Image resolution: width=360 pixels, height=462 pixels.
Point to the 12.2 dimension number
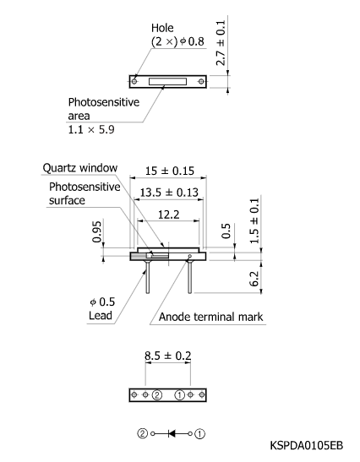point(167,215)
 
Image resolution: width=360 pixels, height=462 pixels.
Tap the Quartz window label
point(83,168)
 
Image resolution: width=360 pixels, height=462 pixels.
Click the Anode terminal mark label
point(210,318)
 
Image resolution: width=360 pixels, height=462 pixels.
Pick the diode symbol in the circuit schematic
point(172,433)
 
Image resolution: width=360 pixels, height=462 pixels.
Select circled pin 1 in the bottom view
point(179,394)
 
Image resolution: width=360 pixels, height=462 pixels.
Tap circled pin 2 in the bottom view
point(157,394)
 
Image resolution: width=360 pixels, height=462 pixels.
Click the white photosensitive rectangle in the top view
point(168,81)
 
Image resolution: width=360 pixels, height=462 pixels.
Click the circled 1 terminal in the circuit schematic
point(199,433)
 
